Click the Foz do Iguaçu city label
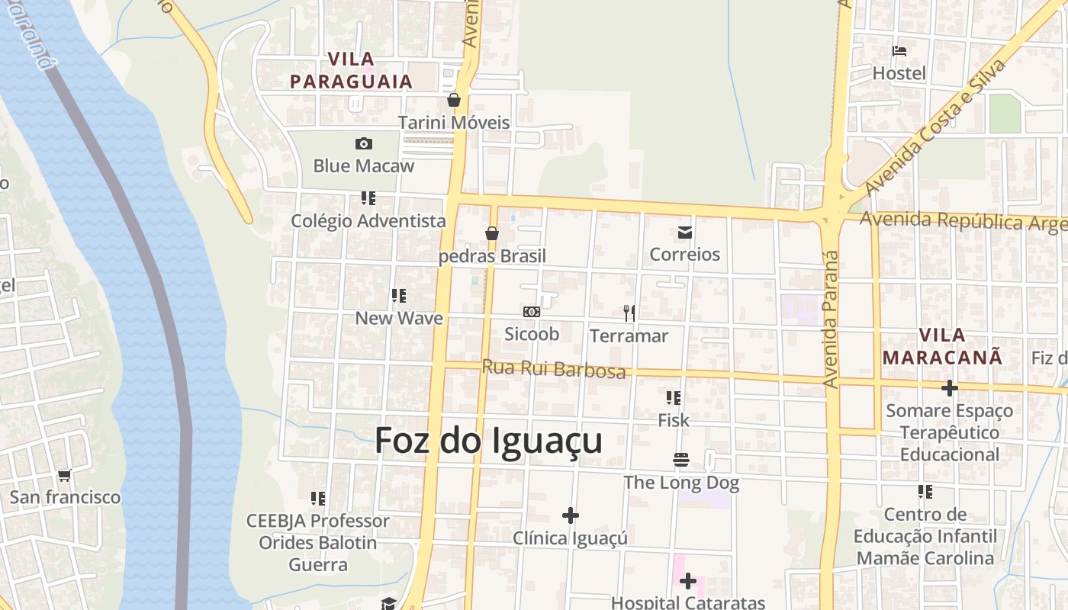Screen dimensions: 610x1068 click(x=488, y=441)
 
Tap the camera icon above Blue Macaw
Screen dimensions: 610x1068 click(x=364, y=143)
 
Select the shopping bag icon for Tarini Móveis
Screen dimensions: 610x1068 click(x=454, y=100)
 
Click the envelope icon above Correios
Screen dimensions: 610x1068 click(x=684, y=232)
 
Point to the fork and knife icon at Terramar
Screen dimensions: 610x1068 click(x=629, y=313)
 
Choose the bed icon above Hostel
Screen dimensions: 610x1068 click(x=899, y=51)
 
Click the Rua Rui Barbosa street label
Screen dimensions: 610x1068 click(x=553, y=368)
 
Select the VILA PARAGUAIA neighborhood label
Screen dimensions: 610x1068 click(x=351, y=70)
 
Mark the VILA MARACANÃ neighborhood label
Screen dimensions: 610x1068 click(x=942, y=345)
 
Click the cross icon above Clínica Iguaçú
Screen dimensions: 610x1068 click(x=570, y=515)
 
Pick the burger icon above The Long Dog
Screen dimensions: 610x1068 click(x=681, y=460)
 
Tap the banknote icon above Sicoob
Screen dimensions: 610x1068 click(x=532, y=312)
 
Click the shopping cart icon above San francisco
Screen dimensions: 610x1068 click(x=65, y=475)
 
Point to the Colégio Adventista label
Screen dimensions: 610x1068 click(x=368, y=221)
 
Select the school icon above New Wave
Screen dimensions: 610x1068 click(x=398, y=295)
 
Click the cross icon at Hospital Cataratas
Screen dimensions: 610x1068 click(x=688, y=581)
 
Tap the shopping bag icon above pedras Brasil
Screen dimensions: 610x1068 click(x=492, y=233)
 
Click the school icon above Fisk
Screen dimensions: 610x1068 click(x=673, y=397)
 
